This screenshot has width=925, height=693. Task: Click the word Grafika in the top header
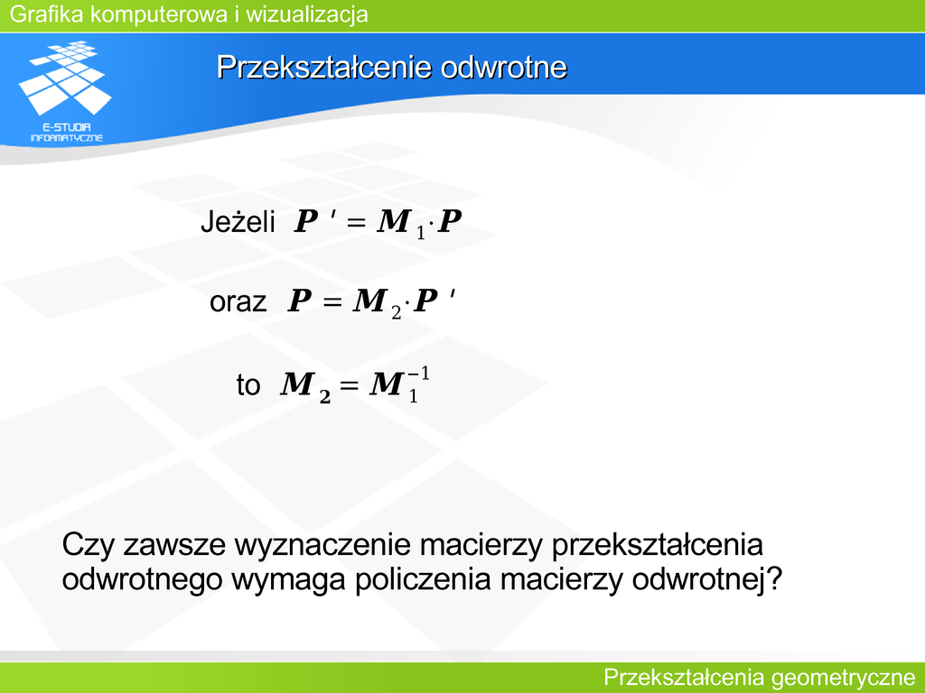[47, 14]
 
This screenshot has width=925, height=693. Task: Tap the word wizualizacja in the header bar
[307, 14]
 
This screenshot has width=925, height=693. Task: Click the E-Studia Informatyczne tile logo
[66, 91]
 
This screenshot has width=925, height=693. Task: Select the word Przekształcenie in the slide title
[324, 67]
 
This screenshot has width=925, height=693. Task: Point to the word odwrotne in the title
[503, 67]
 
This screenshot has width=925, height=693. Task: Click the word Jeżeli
[238, 222]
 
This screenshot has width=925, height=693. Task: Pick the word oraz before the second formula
[238, 301]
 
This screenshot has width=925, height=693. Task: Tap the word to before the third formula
[248, 384]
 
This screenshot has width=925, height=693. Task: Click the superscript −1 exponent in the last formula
[418, 374]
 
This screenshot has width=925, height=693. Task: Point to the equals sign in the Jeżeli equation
[356, 223]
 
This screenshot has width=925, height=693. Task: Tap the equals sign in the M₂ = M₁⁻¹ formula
[349, 385]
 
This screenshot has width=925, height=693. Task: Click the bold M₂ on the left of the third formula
[305, 387]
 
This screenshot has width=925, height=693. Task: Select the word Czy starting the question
[88, 545]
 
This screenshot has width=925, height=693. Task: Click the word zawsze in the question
[174, 545]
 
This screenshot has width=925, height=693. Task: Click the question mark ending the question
[773, 578]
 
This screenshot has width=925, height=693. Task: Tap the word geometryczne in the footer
[843, 678]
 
